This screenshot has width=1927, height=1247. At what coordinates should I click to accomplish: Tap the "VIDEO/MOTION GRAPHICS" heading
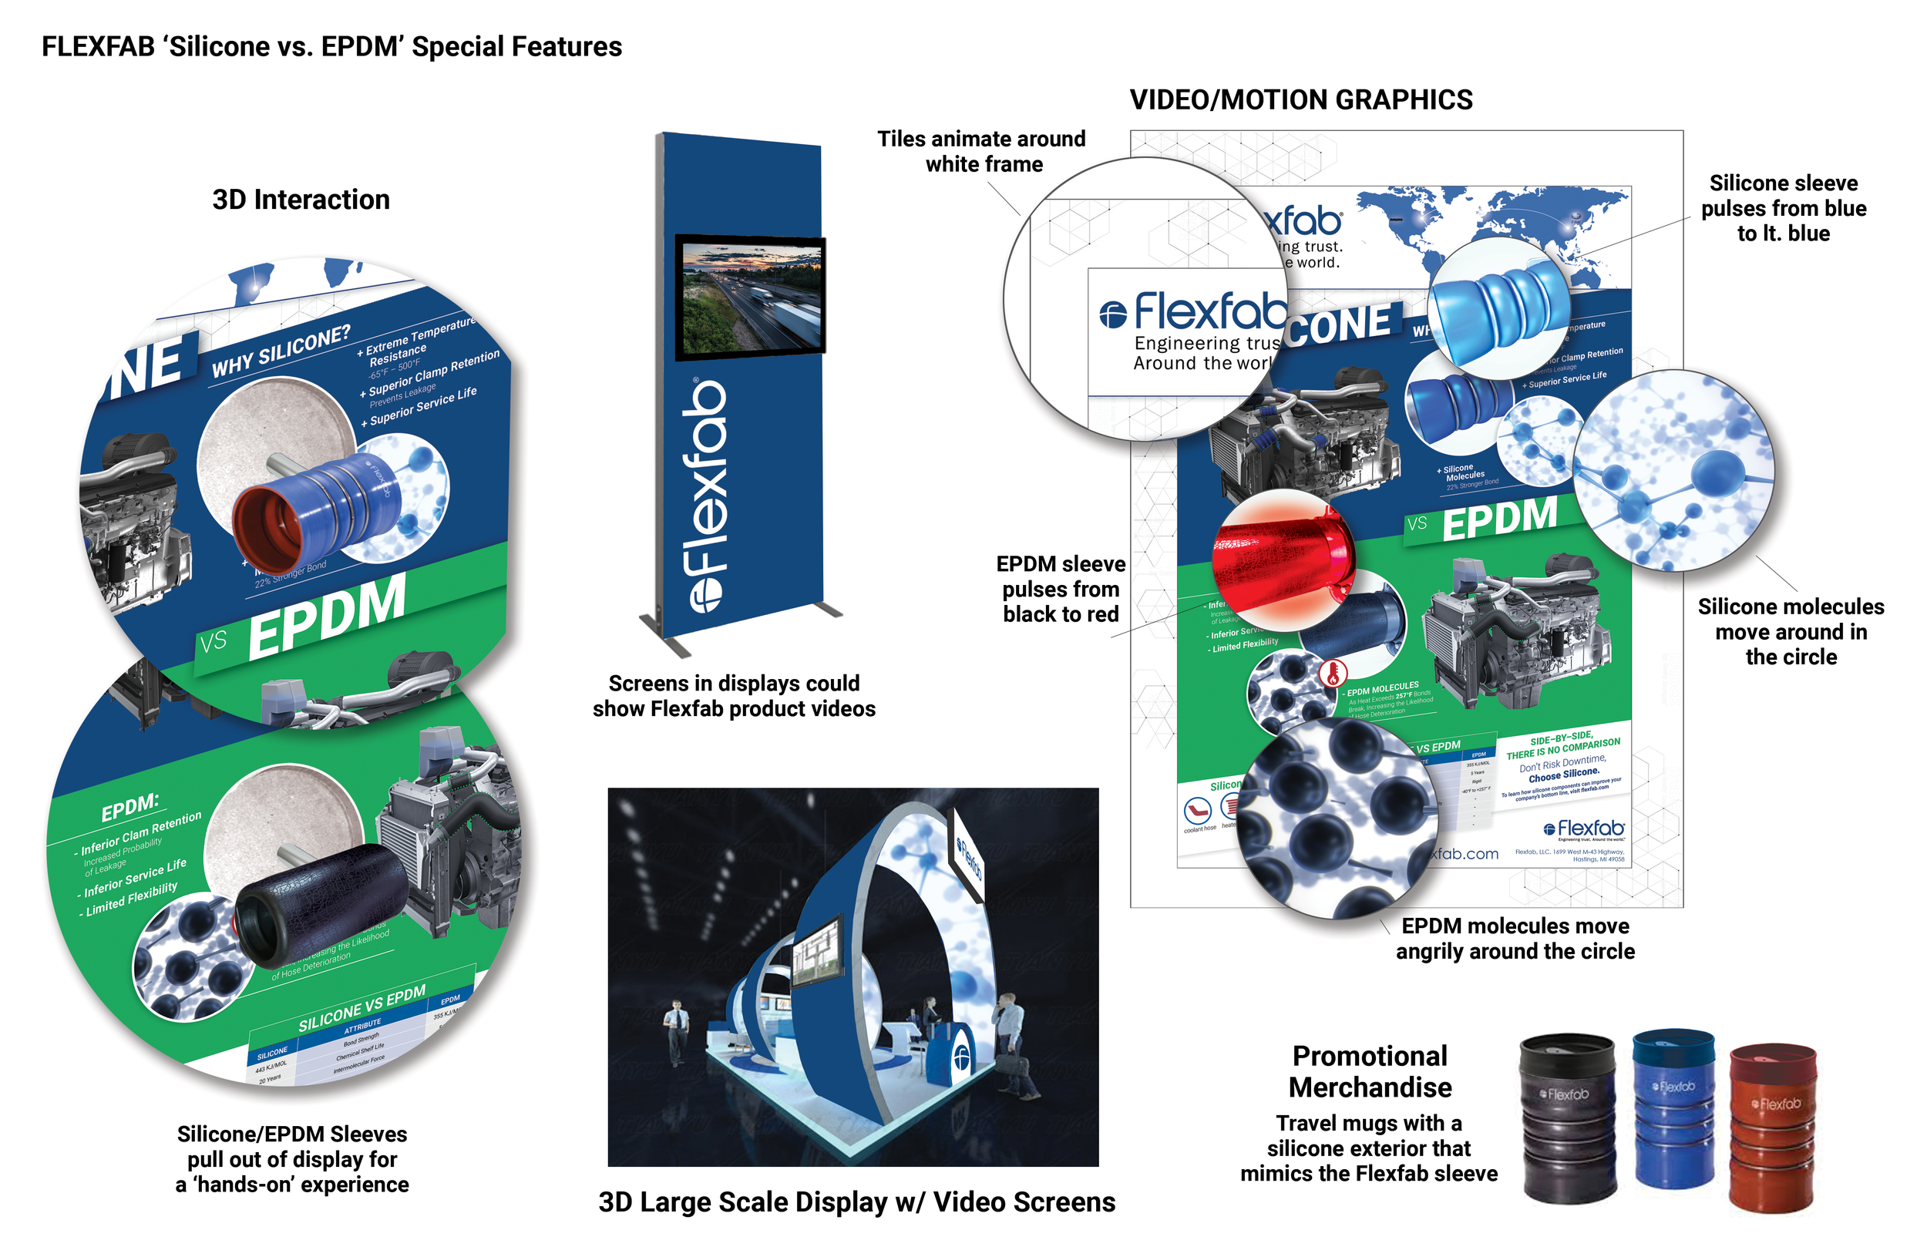point(1300,99)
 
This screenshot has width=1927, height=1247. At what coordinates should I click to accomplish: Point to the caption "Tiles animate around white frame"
point(982,151)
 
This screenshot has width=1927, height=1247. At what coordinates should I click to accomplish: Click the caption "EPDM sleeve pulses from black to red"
point(1061,589)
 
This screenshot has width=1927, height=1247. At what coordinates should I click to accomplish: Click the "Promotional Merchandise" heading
point(1370,1071)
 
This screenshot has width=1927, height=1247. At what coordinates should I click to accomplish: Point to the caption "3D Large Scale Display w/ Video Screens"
point(856,1202)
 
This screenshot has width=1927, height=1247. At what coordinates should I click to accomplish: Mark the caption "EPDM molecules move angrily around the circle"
point(1515,939)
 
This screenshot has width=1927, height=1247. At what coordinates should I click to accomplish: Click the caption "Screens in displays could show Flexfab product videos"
point(734,696)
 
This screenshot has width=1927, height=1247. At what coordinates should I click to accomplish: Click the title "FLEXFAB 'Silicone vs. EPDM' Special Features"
point(332,47)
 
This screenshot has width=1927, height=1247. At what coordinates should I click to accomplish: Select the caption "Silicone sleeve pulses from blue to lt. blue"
point(1783,208)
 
